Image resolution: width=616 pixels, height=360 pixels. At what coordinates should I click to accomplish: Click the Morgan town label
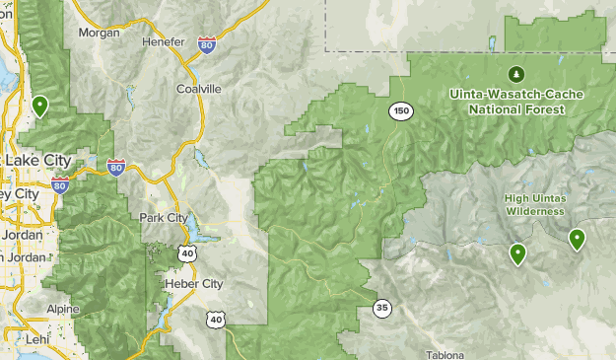[100, 33]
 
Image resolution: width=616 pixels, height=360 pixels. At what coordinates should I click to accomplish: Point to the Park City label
[164, 217]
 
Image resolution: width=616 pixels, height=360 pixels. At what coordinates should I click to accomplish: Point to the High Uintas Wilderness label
[535, 204]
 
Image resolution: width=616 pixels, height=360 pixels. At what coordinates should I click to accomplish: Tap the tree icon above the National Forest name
[515, 73]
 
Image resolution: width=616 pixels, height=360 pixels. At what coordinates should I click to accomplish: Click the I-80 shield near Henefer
[205, 45]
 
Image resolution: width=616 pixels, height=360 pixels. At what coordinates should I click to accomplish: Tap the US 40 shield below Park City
[187, 254]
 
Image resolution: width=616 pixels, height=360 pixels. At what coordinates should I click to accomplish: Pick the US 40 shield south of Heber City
[216, 319]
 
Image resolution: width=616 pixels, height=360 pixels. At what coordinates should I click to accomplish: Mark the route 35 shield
[381, 309]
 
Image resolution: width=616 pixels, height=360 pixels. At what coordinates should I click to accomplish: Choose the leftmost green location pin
[40, 105]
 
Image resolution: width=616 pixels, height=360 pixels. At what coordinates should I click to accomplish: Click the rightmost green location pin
[577, 238]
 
